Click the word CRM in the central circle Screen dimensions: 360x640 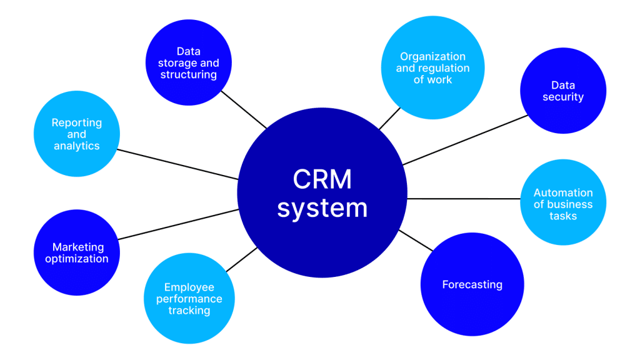click(322, 179)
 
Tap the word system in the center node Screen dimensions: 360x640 click(322, 207)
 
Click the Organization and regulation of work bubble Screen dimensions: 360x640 click(432, 67)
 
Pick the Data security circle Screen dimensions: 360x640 click(562, 91)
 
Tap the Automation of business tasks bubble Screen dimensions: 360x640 click(562, 204)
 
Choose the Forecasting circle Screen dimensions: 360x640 click(472, 285)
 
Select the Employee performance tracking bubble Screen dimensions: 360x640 click(189, 298)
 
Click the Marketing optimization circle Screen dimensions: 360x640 click(76, 253)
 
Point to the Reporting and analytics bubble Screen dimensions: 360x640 click(76, 134)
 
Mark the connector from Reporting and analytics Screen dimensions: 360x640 click(178, 164)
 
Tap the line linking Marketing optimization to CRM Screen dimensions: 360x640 click(178, 224)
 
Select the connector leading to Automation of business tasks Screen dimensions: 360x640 click(463, 199)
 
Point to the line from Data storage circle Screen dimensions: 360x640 click(244, 110)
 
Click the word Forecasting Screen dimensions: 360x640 click(472, 285)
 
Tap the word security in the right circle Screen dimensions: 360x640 click(562, 97)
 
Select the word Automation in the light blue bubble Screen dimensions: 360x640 click(562, 193)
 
